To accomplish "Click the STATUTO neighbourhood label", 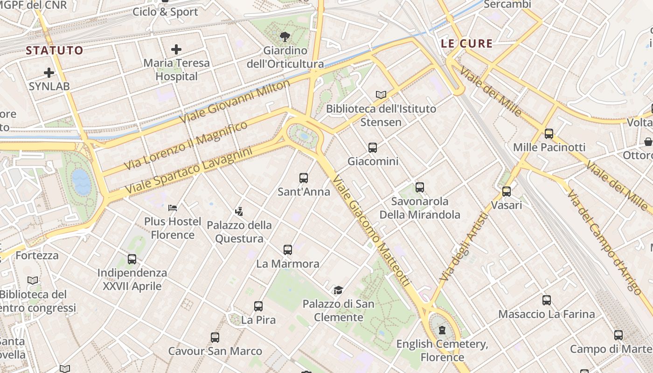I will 54,50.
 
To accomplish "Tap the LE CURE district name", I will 467,44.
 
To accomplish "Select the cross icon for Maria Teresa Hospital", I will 176,49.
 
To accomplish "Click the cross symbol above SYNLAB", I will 49,73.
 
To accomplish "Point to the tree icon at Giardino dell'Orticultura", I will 285,36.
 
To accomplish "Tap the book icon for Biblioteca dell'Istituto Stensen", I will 381,95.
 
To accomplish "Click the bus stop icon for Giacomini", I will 373,148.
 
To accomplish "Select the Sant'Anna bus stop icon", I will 304,178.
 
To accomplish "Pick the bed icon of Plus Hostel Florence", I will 173,207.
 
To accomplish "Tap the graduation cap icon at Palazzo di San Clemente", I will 338,290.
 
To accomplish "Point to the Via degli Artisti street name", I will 464,247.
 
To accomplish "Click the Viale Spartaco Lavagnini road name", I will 188,171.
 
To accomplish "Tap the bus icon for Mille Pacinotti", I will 549,134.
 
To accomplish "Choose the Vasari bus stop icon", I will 507,191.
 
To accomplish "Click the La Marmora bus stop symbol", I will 288,250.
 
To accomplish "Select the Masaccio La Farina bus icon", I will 547,300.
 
